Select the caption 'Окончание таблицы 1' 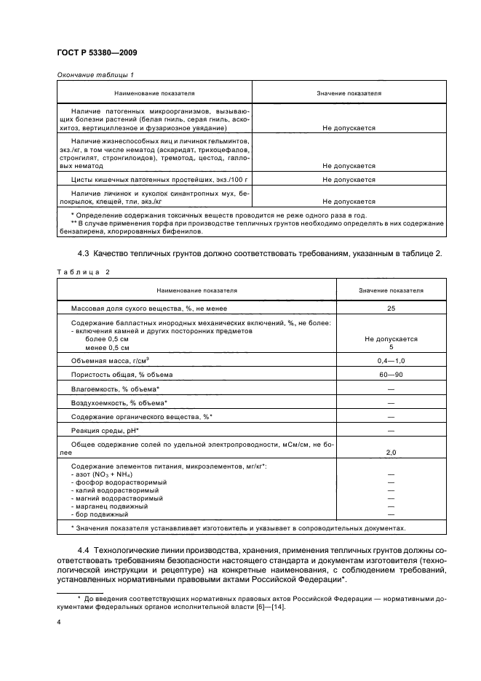(94, 75)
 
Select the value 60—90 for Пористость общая (391, 374)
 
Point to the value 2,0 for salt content (391, 453)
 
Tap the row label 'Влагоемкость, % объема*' (115, 389)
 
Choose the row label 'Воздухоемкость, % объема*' (119, 402)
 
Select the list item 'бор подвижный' (105, 514)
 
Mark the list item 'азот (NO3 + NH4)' (111, 474)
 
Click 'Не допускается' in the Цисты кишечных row (349, 179)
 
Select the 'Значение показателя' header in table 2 (391, 290)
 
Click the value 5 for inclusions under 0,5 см (391, 347)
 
